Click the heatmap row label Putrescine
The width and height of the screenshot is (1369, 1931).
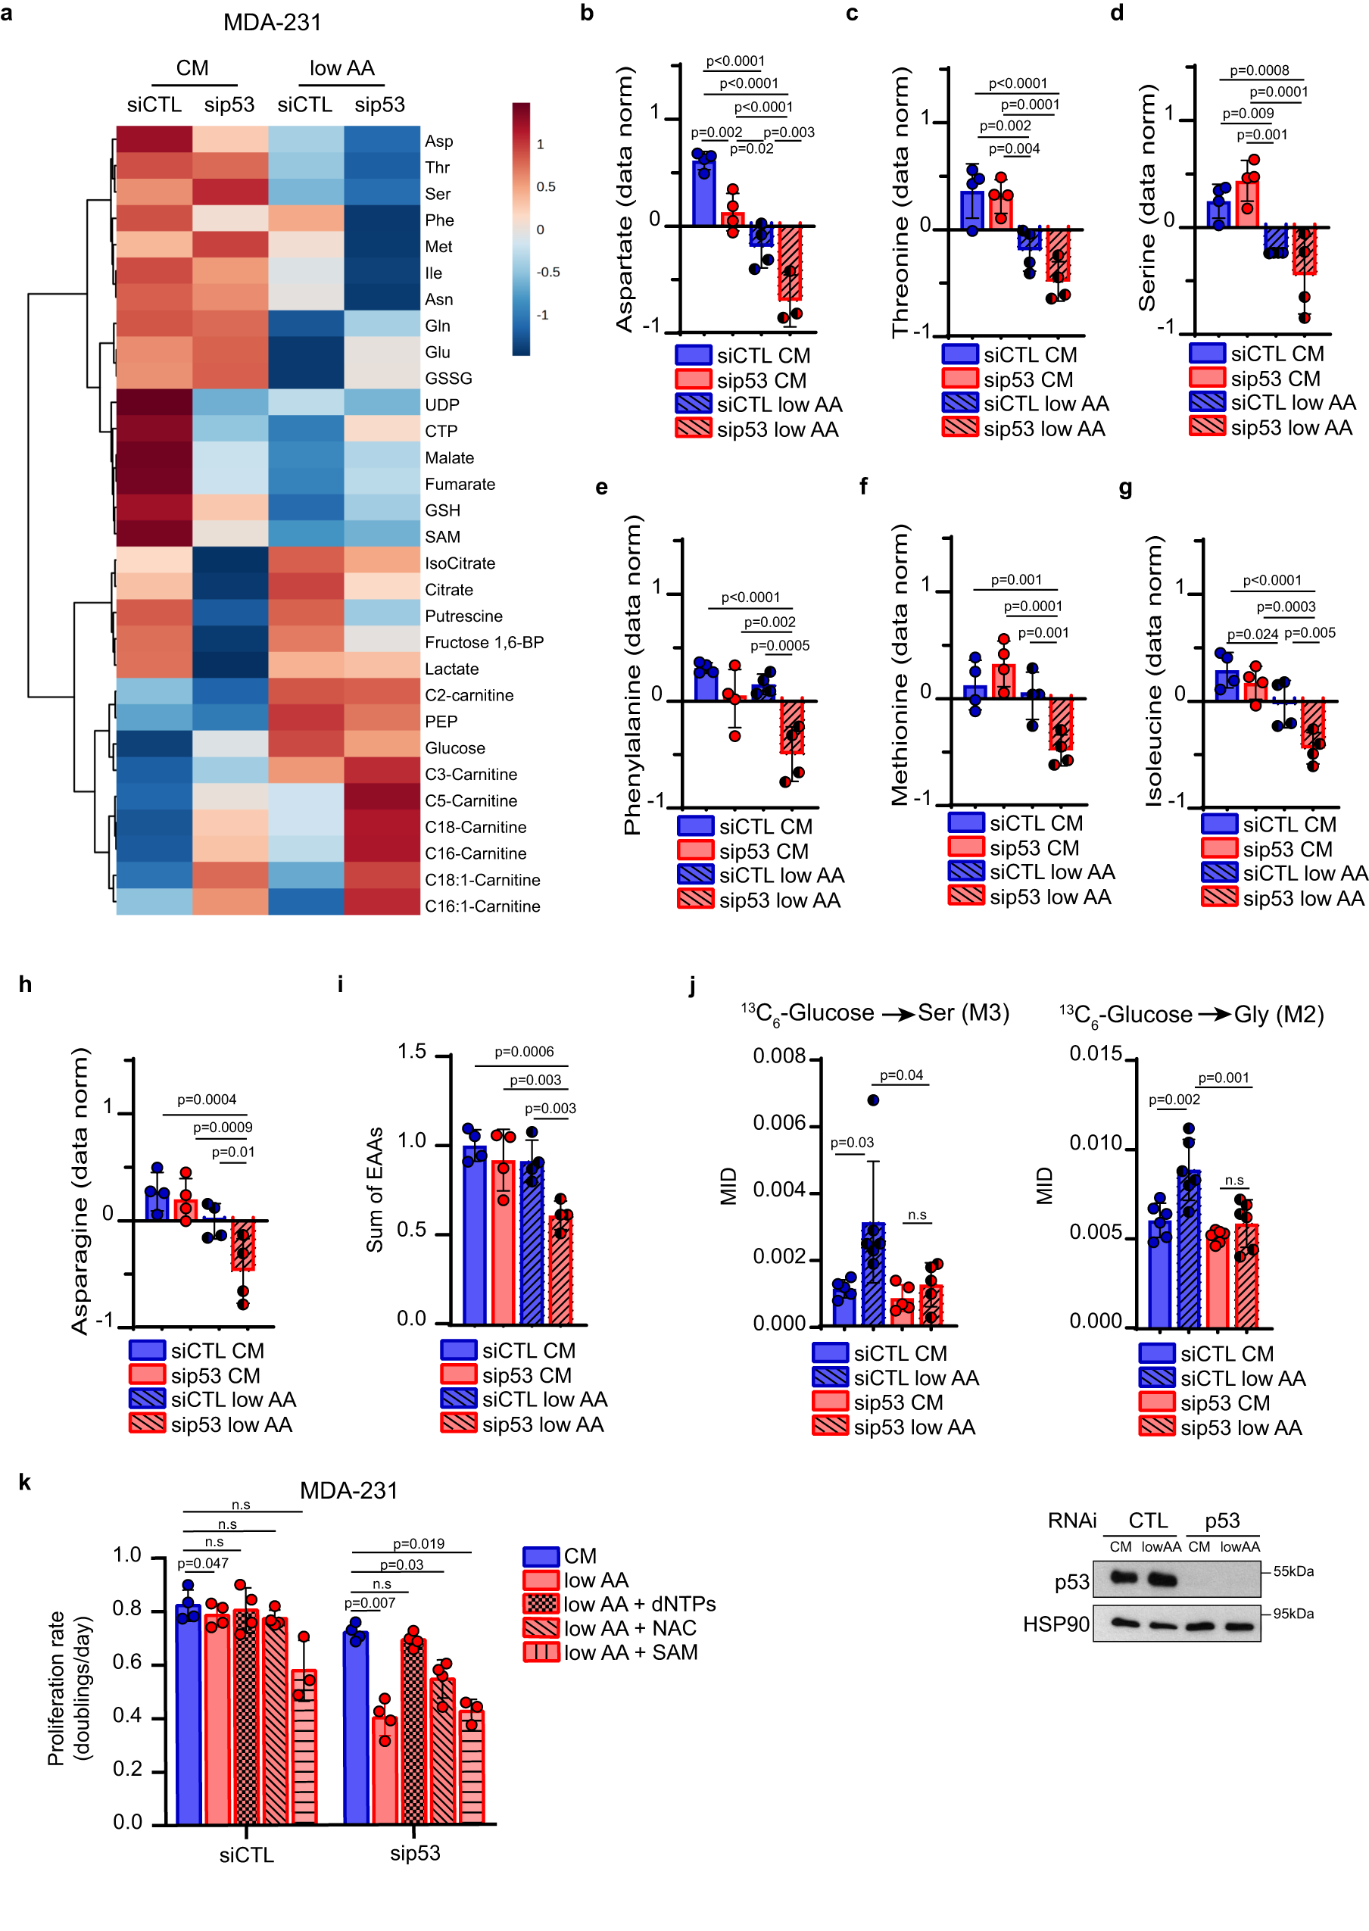coord(463,616)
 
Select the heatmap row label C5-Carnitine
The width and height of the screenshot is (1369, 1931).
coord(470,800)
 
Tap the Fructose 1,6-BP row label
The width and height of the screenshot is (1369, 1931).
coord(484,642)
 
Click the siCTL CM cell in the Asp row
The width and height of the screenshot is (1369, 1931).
coord(154,140)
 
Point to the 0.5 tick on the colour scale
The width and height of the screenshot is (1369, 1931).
coord(545,186)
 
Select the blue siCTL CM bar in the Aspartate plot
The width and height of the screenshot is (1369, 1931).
coord(704,192)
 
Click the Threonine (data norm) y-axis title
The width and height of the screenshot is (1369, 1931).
coord(900,202)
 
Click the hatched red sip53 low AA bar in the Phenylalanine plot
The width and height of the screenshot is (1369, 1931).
coord(791,725)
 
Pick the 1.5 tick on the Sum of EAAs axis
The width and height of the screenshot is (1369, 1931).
coord(412,1052)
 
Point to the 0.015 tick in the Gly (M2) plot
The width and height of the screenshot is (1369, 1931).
coord(1095,1053)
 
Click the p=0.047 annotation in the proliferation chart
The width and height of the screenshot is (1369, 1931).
coord(202,1564)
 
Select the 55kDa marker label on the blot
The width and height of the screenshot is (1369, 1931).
coord(1293,1571)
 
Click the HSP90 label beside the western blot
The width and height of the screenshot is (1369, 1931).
coord(1056,1624)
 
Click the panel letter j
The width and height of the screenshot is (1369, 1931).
coord(692,984)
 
